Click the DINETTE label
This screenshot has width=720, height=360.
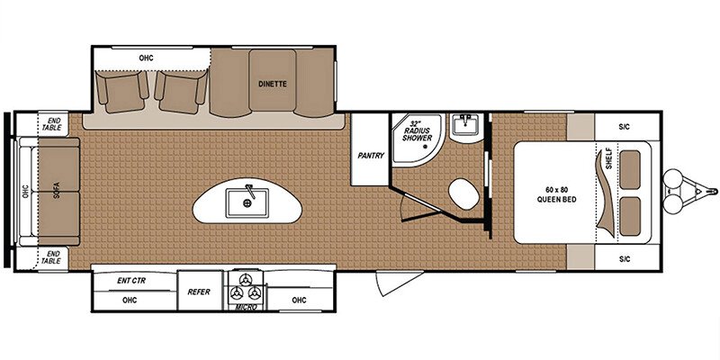coord(273,84)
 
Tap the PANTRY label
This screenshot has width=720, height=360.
coord(371,156)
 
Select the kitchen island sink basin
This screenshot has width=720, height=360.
coord(247,202)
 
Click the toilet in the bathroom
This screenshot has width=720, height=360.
coord(463,193)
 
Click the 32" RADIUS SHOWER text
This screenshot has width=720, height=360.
coord(418,130)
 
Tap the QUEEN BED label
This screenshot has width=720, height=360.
coord(556,200)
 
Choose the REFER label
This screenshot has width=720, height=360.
coord(199,292)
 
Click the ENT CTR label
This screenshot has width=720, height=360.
coord(131,281)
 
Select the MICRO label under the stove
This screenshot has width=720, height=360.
coord(246,307)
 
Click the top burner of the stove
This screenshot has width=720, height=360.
coord(246,279)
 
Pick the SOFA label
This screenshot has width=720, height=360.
coord(57,190)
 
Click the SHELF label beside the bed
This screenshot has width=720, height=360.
coord(609,159)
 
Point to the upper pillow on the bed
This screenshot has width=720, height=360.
coord(631,170)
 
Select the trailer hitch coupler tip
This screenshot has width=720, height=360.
coord(715,190)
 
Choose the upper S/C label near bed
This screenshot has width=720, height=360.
coord(624,126)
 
